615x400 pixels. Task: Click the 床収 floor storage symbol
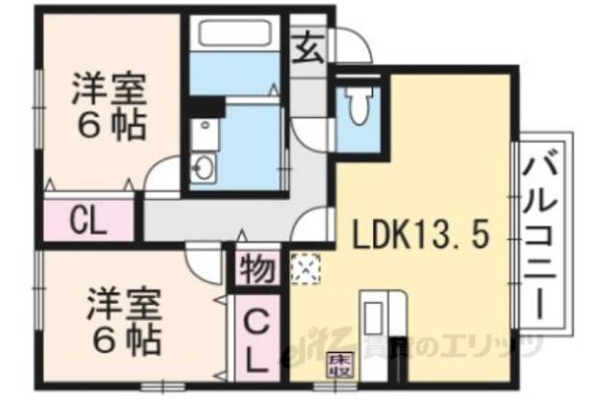tap(339, 364)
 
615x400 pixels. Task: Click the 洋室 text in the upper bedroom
tap(109, 91)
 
